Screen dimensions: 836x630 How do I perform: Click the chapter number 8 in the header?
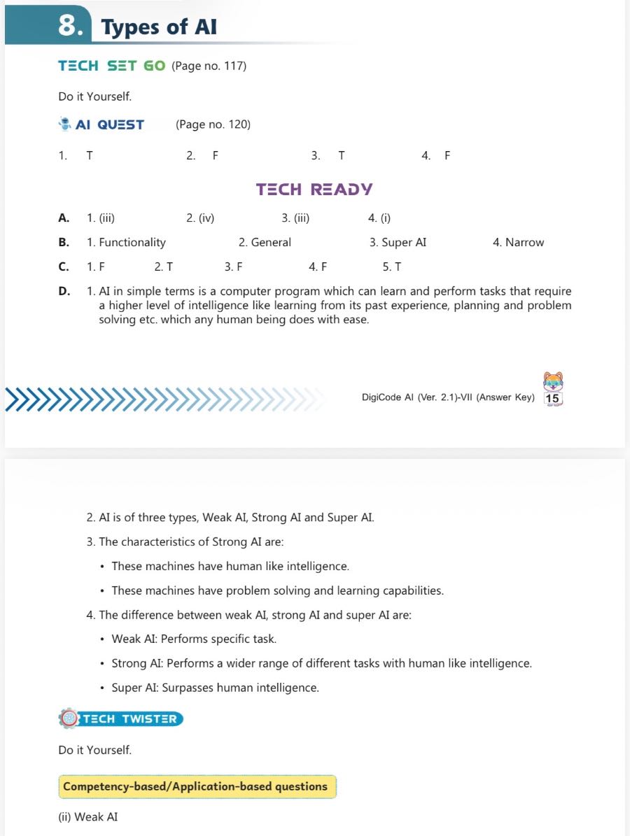point(71,26)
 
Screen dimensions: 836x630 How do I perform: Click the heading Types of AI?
point(159,27)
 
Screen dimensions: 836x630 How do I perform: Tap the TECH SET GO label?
point(112,66)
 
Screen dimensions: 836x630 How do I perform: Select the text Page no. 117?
point(209,66)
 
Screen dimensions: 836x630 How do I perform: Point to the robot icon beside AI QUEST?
point(65,124)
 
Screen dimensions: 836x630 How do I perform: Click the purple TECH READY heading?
point(314,189)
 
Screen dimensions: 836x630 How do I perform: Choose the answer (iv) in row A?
point(200,218)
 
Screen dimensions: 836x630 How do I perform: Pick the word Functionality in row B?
point(132,243)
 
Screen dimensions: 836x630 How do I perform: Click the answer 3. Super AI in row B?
point(398,243)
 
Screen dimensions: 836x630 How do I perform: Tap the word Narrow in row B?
point(524,243)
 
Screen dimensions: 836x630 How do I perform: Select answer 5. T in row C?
point(392,267)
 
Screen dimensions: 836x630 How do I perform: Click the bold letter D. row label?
point(64,292)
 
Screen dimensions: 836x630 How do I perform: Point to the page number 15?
point(552,399)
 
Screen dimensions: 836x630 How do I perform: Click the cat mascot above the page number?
point(553,381)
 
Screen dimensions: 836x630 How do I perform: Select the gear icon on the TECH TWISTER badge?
point(68,718)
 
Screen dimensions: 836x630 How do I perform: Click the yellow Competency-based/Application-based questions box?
point(197,786)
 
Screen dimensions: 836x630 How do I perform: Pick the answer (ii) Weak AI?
point(88,816)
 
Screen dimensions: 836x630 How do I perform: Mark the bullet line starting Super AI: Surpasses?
point(215,688)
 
